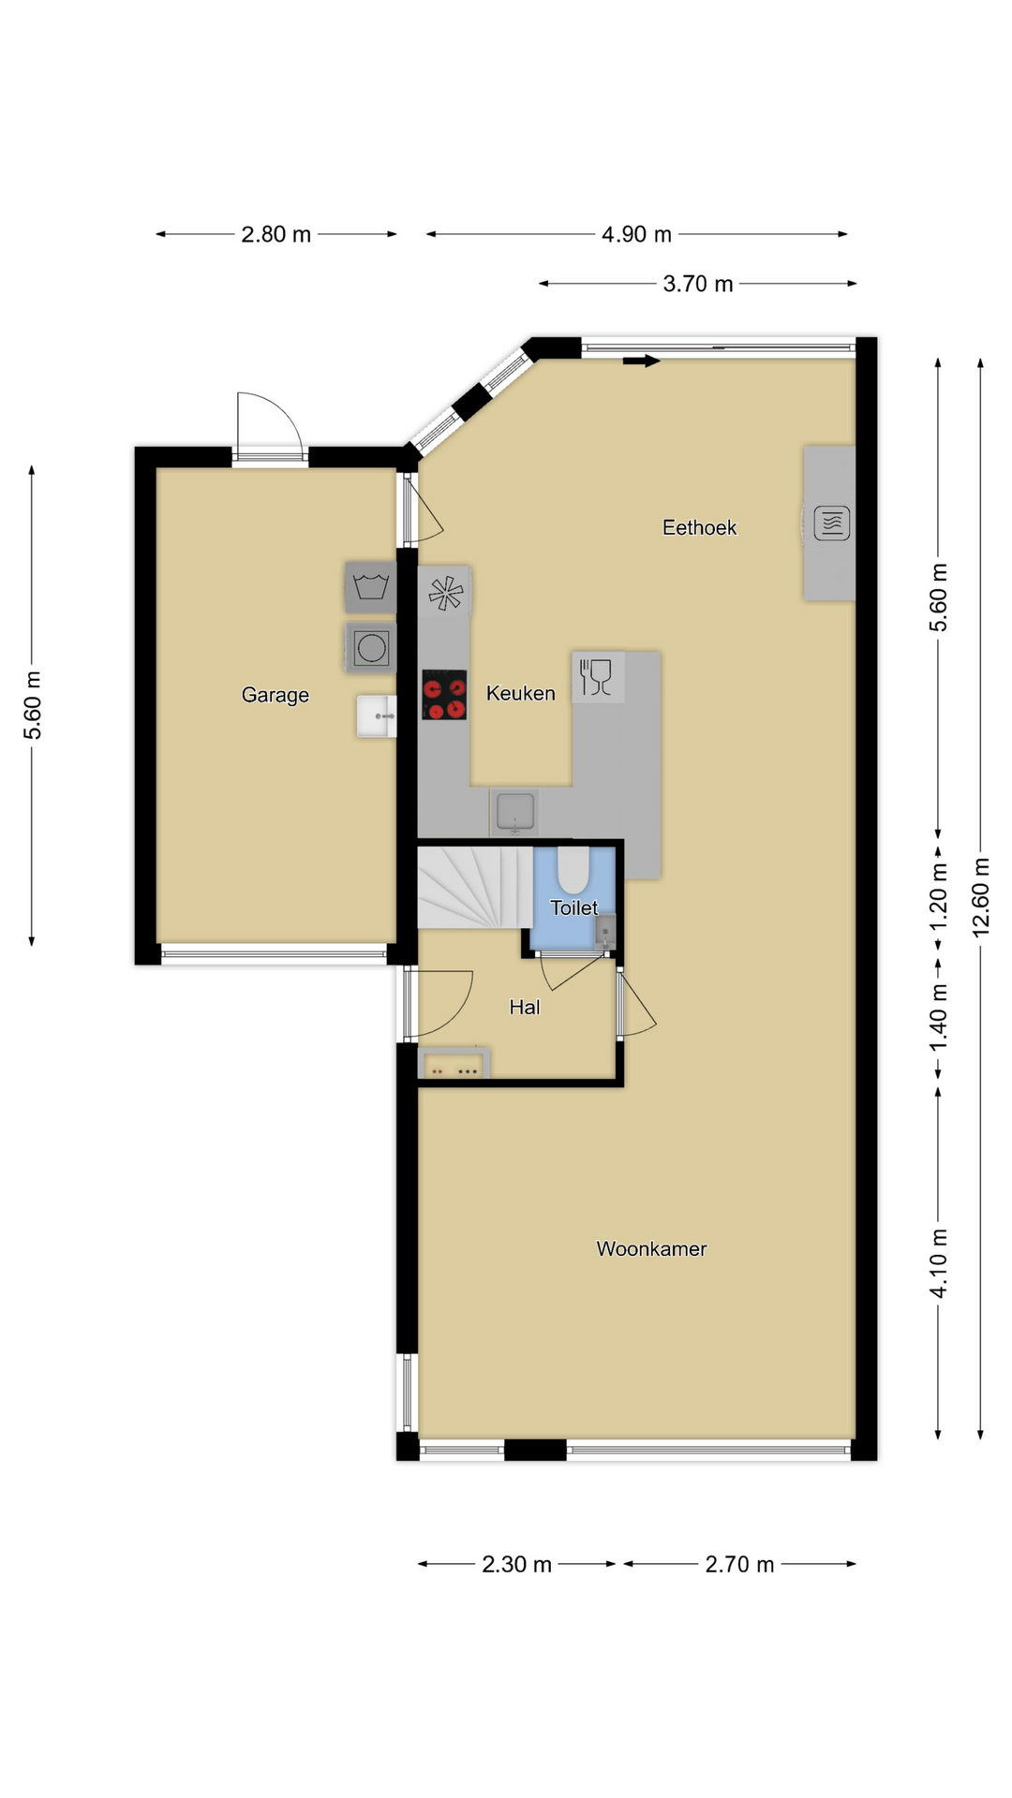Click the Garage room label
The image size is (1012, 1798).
click(x=275, y=695)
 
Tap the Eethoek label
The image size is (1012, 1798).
click(x=699, y=527)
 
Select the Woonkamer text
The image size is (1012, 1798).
click(x=651, y=1248)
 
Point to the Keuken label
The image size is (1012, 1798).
click(x=520, y=693)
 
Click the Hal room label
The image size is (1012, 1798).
click(x=525, y=1007)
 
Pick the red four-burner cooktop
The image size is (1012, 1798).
click(x=444, y=695)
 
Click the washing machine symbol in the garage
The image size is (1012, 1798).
click(x=370, y=588)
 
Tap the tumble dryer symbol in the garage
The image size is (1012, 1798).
click(x=371, y=648)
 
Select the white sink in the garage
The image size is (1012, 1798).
click(x=377, y=716)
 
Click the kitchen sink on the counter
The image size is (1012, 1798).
click(x=514, y=811)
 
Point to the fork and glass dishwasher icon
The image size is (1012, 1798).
click(x=597, y=677)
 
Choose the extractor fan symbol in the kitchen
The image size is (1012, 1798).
click(x=446, y=592)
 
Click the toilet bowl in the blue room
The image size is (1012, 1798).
click(x=573, y=869)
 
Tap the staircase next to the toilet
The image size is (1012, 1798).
click(x=475, y=887)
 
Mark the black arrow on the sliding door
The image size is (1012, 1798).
click(x=642, y=361)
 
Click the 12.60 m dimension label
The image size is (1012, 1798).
click(x=981, y=897)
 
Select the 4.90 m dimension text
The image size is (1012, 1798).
click(x=636, y=234)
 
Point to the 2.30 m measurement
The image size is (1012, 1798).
click(x=516, y=1564)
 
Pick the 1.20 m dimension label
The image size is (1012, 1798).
click(x=938, y=897)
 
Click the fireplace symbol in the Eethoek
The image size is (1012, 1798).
click(x=831, y=523)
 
